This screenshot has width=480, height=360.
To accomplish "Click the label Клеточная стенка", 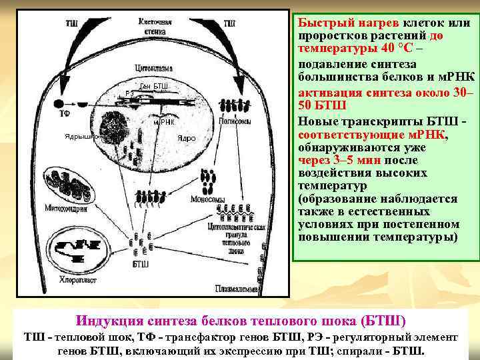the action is click(x=155, y=26).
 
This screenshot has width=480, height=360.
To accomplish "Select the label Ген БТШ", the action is click(x=154, y=87).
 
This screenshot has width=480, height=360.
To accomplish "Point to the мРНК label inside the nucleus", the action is click(x=164, y=122).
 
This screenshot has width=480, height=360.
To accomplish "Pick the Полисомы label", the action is click(x=235, y=122).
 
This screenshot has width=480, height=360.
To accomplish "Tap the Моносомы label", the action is click(x=206, y=199).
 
